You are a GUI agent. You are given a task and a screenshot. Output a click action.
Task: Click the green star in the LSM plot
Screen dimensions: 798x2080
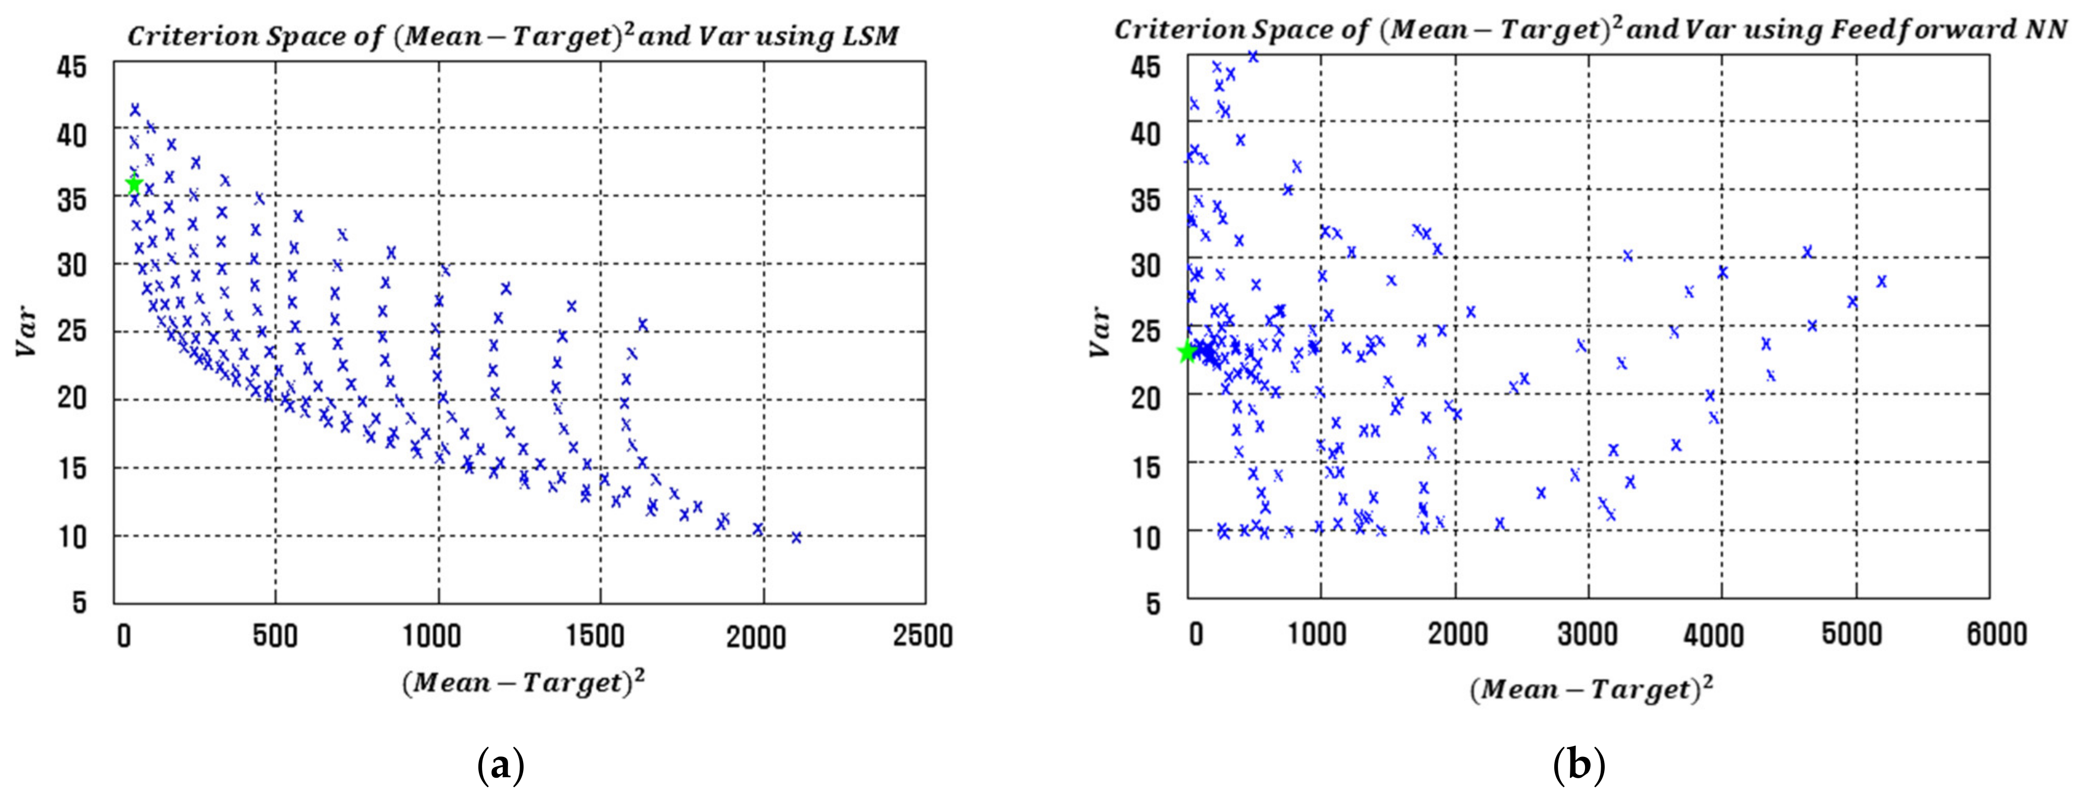click(134, 185)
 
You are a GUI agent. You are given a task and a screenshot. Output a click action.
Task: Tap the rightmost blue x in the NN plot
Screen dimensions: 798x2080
click(1881, 281)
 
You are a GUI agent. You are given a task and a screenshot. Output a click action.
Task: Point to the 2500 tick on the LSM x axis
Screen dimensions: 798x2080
click(922, 636)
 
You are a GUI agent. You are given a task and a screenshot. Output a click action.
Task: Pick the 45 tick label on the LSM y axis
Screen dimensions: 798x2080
click(71, 68)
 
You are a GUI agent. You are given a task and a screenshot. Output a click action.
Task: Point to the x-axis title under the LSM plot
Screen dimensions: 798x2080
click(523, 684)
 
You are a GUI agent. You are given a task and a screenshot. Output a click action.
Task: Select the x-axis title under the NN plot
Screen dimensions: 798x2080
click(1591, 689)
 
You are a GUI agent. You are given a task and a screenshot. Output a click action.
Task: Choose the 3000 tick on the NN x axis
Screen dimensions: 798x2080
click(1588, 634)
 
